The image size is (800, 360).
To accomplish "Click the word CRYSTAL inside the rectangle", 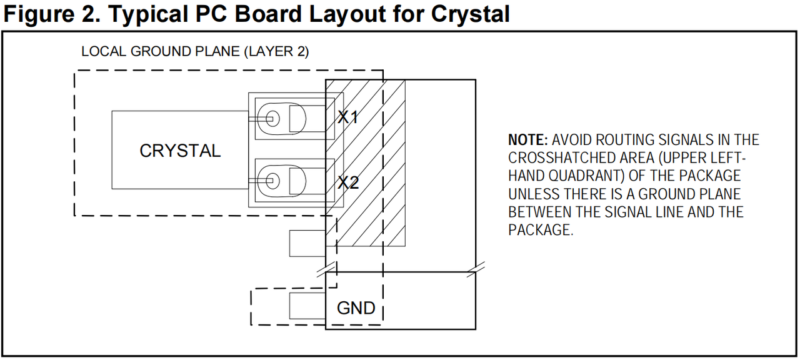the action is [180, 151].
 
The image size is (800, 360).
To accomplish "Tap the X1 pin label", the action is [348, 117].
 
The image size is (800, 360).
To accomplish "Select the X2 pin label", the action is [348, 182].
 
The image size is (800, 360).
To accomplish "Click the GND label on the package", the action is [356, 308].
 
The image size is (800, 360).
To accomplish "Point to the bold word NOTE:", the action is [528, 139].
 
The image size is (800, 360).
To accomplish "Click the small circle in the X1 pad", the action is [273, 119].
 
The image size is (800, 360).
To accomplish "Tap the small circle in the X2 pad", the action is [273, 181].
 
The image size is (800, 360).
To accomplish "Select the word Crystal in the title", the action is [471, 14].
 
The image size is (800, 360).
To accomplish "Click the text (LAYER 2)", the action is [276, 51].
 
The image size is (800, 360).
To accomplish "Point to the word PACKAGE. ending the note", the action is [541, 230].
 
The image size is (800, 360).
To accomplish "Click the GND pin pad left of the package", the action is [307, 306].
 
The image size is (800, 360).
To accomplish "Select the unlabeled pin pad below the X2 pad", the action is [307, 244].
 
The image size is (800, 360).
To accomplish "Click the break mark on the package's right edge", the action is [476, 269].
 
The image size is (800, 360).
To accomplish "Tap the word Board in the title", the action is [268, 14].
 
